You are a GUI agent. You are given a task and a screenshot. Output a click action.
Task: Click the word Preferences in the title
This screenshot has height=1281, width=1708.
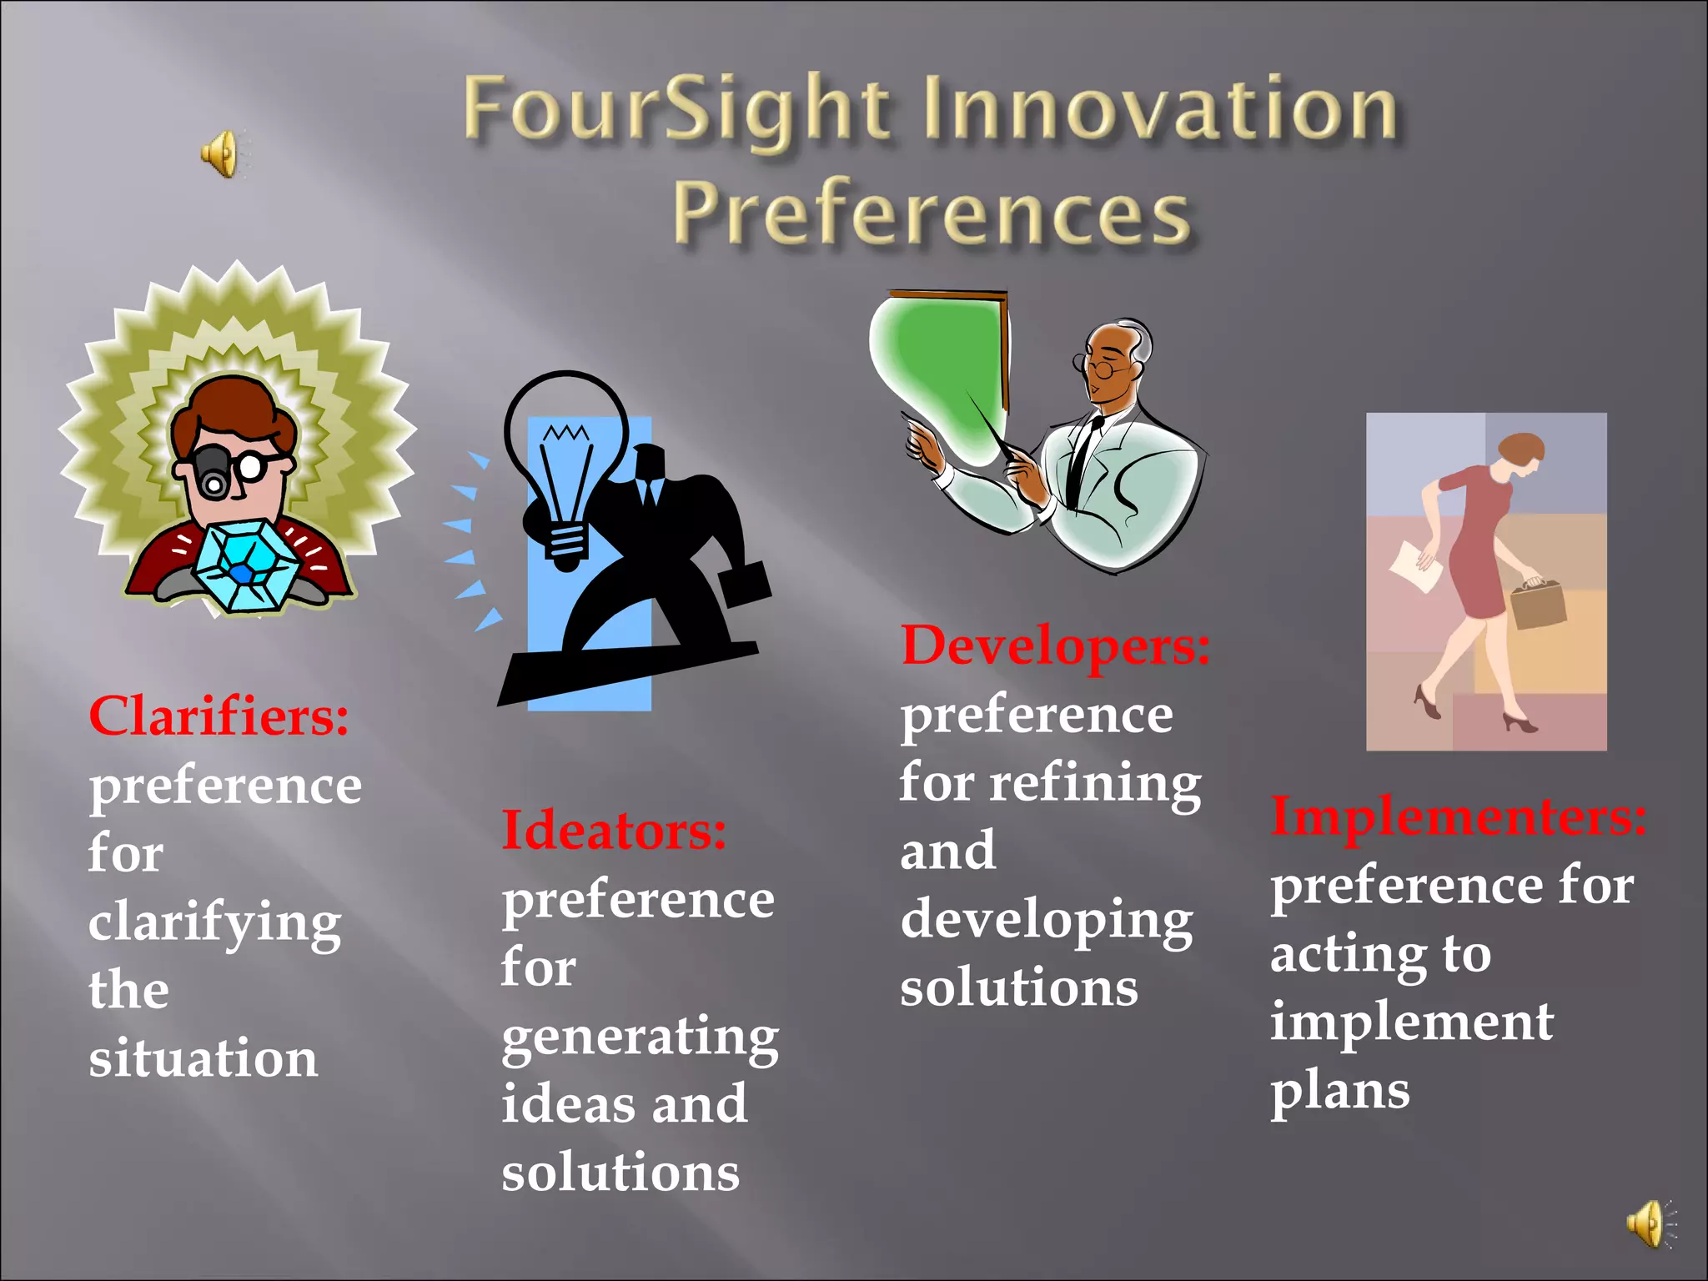click(932, 213)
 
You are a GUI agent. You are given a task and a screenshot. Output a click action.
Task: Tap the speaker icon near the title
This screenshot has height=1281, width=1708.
click(220, 153)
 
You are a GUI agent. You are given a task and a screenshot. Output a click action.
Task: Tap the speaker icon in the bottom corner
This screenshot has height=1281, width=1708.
click(1647, 1223)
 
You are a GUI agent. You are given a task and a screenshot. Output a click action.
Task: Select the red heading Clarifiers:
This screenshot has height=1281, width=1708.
click(219, 716)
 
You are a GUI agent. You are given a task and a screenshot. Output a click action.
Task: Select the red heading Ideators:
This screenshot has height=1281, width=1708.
click(614, 831)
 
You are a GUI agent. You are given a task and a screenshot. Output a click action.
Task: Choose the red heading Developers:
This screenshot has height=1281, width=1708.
click(1055, 646)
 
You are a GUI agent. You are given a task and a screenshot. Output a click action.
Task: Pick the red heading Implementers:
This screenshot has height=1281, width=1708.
click(1458, 816)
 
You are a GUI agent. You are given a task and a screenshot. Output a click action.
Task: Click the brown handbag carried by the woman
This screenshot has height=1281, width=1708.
click(1538, 604)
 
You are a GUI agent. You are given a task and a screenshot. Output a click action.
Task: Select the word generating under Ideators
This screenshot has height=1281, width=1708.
click(640, 1037)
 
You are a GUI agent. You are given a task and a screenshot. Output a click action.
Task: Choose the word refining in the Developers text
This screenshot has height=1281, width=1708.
click(1095, 784)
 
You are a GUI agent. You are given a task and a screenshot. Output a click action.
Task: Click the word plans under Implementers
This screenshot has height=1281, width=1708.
click(1339, 1091)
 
